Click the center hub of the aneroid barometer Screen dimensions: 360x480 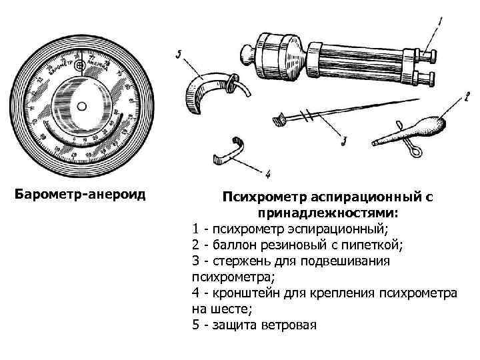(81, 106)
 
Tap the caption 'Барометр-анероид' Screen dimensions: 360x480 (80, 195)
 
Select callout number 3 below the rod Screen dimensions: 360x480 (343, 140)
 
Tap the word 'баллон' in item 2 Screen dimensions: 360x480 (227, 245)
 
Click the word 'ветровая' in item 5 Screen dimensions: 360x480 (291, 325)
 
